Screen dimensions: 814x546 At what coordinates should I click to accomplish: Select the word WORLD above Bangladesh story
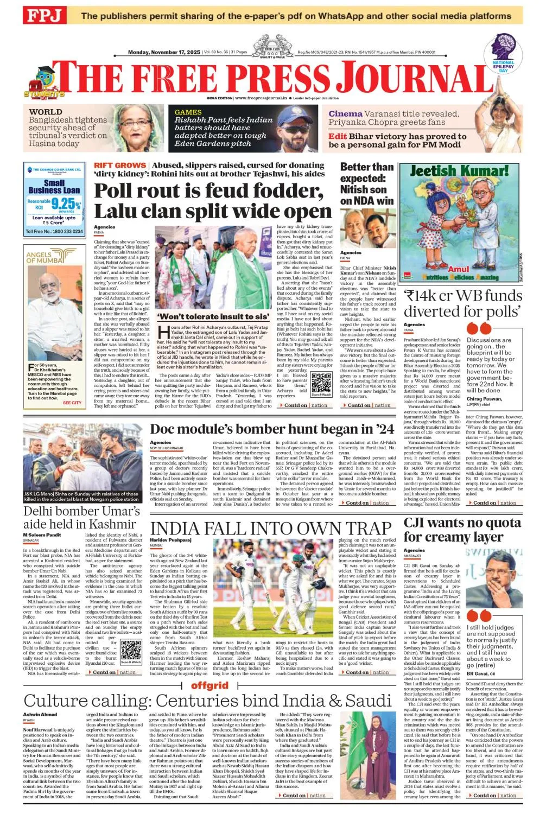click(46, 112)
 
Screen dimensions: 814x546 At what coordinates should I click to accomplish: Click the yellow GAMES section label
click(188, 112)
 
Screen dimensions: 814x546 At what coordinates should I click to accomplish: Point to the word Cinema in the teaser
click(345, 114)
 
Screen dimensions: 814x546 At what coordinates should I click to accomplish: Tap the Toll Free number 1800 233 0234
click(54, 231)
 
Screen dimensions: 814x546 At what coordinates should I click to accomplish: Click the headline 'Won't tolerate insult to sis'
click(213, 316)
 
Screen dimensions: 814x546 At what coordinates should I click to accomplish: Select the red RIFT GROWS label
click(119, 165)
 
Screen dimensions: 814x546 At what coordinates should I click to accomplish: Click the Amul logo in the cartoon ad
click(458, 269)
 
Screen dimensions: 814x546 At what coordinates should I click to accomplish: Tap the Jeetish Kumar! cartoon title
click(459, 171)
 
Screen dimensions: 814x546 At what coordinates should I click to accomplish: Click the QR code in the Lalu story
click(321, 384)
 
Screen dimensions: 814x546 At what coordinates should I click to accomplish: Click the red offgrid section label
click(209, 685)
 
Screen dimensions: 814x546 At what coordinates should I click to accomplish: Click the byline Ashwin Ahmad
click(40, 714)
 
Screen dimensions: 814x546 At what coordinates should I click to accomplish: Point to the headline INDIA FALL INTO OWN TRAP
click(270, 528)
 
